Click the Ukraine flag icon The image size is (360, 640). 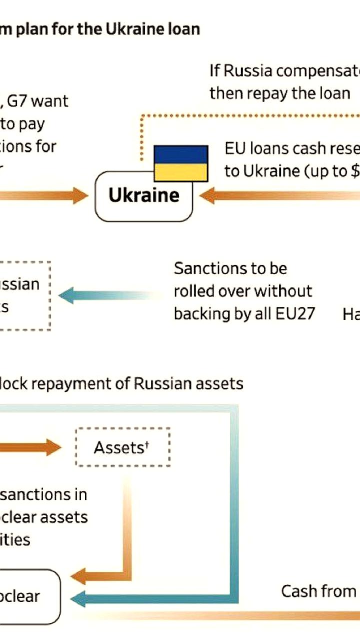point(180,163)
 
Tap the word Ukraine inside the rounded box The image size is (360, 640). point(143,195)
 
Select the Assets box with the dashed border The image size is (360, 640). point(122,447)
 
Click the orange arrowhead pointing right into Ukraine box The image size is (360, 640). point(80,195)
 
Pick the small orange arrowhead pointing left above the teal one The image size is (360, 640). point(78,576)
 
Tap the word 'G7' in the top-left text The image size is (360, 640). point(19,101)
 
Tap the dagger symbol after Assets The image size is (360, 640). point(147,444)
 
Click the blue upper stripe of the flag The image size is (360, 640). point(180,154)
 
